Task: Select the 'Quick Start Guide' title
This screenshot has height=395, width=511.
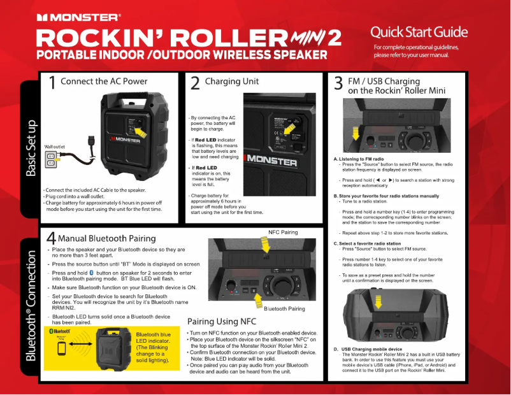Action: click(x=419, y=32)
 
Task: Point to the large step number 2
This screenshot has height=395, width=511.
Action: click(x=195, y=83)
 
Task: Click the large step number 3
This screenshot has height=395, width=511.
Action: click(x=338, y=85)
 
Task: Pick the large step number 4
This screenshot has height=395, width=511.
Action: click(x=50, y=238)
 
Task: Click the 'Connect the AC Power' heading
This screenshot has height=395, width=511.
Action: click(x=104, y=81)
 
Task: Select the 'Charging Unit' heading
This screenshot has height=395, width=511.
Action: click(x=232, y=82)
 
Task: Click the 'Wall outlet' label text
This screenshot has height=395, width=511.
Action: click(x=55, y=147)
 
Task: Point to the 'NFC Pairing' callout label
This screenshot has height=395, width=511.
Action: click(x=283, y=233)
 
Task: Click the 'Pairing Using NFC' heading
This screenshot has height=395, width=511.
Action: click(x=222, y=321)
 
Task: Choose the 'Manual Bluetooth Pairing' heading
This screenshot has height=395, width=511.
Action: click(x=107, y=239)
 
